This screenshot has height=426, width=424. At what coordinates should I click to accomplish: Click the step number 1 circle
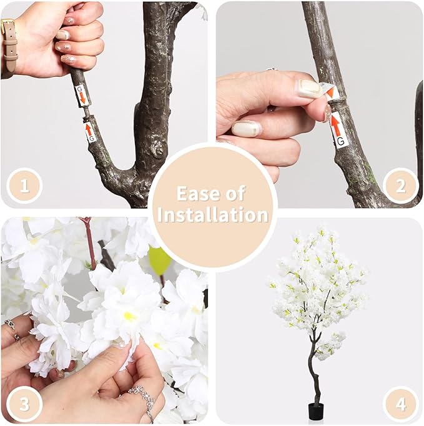coord(24,186)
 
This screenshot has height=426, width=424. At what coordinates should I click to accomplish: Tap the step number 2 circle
coord(400,186)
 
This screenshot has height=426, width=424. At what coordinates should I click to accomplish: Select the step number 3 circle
coord(24,404)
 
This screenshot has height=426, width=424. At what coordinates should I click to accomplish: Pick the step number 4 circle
coord(400,404)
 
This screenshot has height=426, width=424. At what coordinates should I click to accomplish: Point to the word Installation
coord(212,215)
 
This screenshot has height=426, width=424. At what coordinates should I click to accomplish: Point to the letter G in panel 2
coord(340,142)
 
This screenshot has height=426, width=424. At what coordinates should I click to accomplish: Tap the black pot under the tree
coord(315,411)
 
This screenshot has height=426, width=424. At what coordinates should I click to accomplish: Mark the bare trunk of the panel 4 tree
coord(312,375)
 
